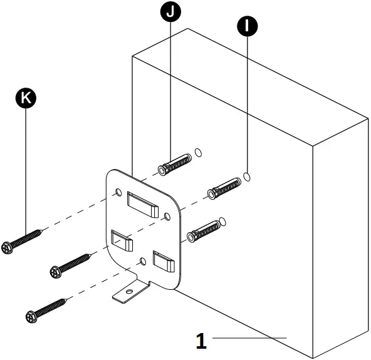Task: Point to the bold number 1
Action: pos(201,341)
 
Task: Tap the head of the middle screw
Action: pos(55,272)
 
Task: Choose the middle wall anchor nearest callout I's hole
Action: pos(226,187)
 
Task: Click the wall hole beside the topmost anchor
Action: pos(198,152)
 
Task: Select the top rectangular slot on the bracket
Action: pos(143,203)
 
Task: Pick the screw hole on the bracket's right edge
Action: pos(167,216)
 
